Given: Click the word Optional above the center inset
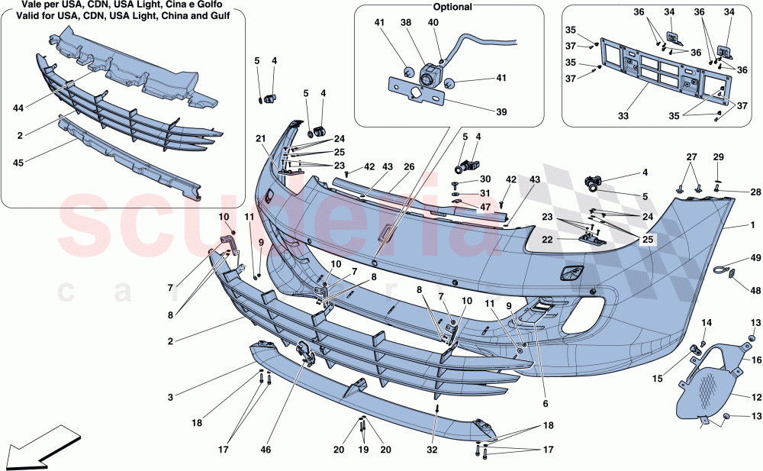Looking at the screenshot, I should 452,7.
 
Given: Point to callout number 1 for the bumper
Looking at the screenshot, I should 753,225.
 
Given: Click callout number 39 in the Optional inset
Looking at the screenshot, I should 501,112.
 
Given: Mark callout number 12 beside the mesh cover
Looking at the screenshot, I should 756,398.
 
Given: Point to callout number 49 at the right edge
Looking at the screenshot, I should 755,259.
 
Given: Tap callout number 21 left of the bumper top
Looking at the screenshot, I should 260,138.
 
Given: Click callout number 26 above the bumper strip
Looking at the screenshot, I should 408,166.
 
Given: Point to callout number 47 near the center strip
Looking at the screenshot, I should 485,208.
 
